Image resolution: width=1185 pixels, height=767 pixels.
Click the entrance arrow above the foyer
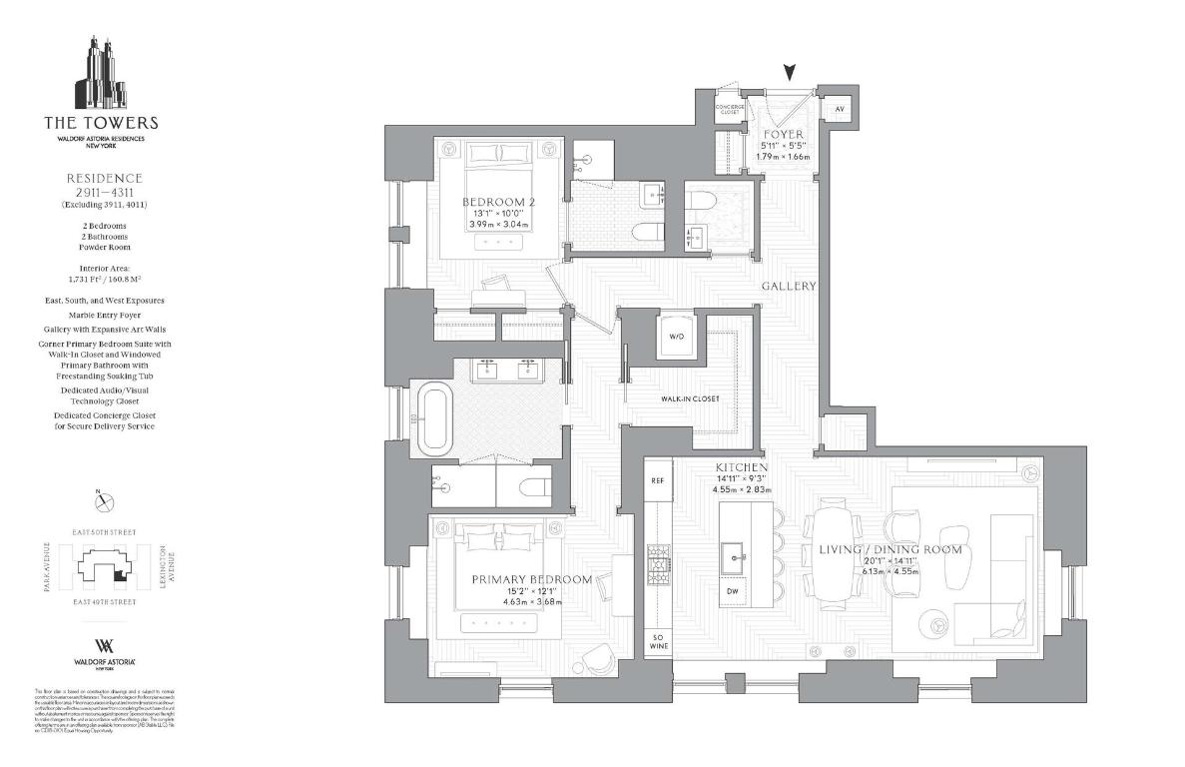[x=790, y=72]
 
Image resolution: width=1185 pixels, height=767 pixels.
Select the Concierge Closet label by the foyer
[x=731, y=109]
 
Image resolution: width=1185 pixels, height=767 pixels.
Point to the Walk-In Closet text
[x=690, y=399]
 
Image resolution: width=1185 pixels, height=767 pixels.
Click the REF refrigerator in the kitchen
[x=657, y=480]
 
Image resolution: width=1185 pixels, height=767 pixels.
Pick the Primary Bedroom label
[x=531, y=579]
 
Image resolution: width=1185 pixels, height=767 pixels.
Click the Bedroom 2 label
[x=499, y=203]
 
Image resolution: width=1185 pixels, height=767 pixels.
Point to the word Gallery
[x=789, y=286]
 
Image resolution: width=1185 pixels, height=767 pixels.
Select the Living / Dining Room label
[x=890, y=550]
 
